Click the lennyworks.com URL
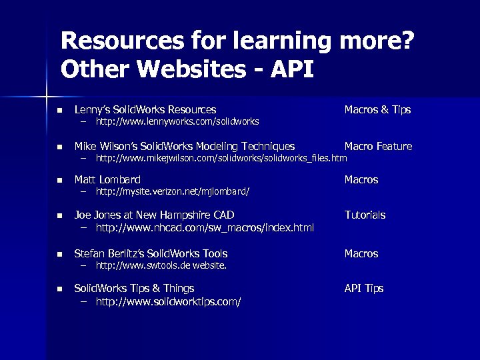tap(177, 122)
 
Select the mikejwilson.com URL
tap(221, 159)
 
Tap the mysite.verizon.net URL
tap(173, 192)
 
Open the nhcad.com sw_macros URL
tap(205, 229)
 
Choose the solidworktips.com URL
tap(168, 302)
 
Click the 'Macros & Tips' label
tap(377, 109)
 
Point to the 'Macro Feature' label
tap(378, 146)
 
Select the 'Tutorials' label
tap(365, 215)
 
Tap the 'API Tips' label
tap(363, 288)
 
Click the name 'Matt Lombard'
tap(107, 179)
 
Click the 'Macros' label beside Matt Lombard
tap(361, 179)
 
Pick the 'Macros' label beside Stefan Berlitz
tap(361, 253)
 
